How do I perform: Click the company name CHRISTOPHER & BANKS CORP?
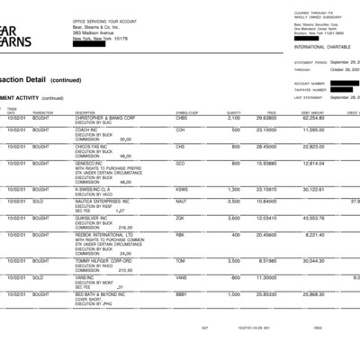tap(105, 117)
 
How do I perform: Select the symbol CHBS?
tap(182, 117)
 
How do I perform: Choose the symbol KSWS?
tap(182, 189)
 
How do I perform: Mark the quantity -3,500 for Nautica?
tap(232, 202)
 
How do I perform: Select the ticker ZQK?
tap(181, 217)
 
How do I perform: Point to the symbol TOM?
tap(181, 260)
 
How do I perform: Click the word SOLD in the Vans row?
tap(40, 277)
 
